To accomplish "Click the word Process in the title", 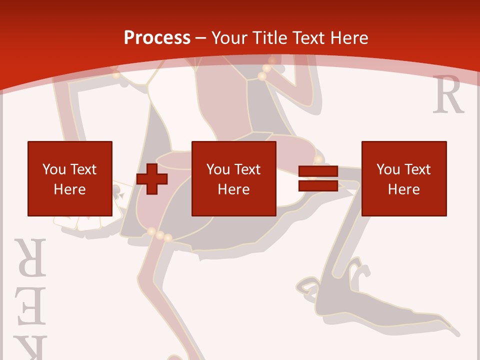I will click(157, 37).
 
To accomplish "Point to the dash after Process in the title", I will click(200, 38).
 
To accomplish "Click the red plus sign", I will click(152, 178).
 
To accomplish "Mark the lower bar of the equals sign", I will click(318, 185).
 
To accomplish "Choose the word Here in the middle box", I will click(233, 189).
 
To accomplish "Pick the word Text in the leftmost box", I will click(83, 169).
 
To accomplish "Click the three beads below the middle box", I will click(159, 234).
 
